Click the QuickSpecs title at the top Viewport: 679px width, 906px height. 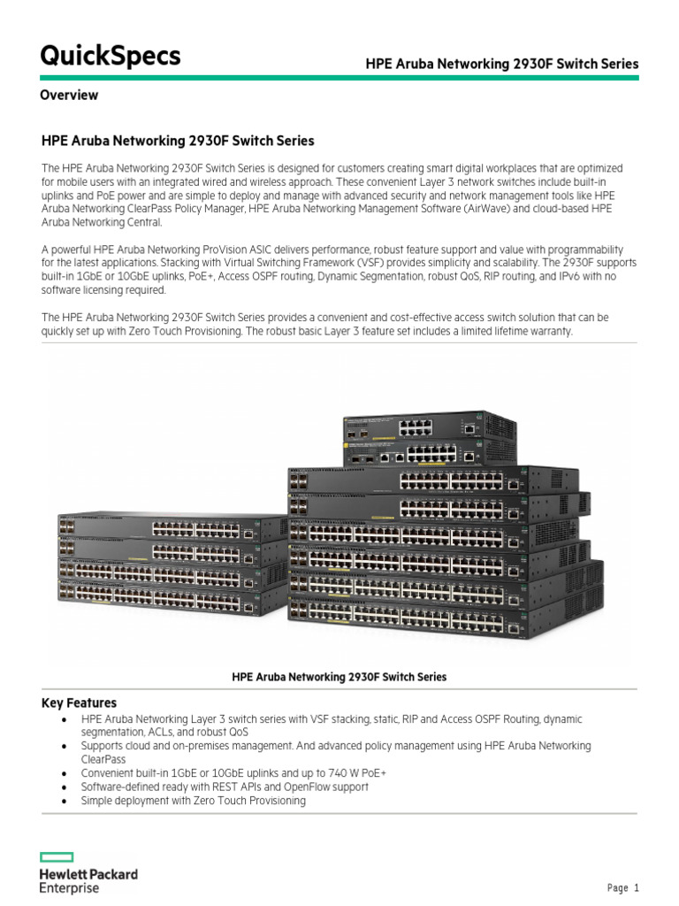111,56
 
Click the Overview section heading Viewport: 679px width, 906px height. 69,95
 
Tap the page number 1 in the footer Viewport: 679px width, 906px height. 636,888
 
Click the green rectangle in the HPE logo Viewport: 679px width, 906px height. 57,856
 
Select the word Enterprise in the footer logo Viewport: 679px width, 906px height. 69,887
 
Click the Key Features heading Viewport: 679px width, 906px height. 79,703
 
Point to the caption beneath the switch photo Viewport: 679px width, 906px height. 339,677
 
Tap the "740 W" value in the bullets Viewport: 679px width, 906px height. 368,773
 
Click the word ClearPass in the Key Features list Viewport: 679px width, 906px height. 103,759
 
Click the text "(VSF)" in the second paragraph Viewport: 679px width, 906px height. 378,264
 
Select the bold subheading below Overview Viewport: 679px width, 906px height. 178,141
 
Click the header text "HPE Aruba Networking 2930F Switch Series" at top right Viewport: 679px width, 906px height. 502,64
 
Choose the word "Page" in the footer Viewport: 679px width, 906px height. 616,888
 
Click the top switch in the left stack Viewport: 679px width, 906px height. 172,529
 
